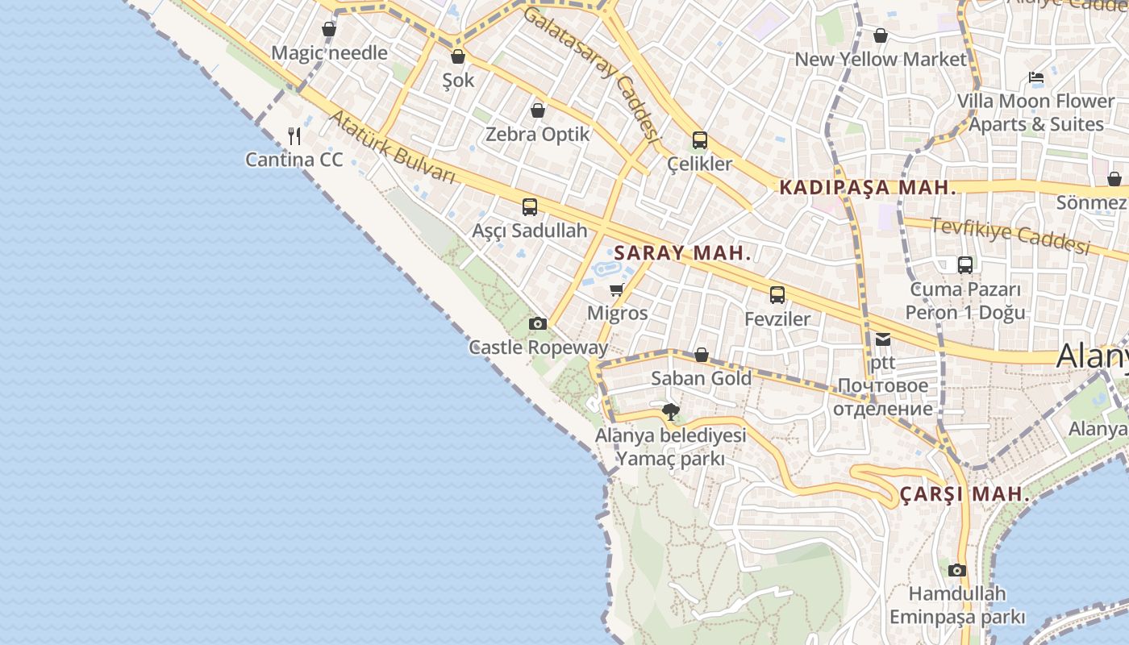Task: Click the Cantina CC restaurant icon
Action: coord(294,135)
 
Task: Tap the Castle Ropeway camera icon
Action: coord(538,323)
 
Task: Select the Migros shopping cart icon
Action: coord(617,289)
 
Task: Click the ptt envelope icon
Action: coord(883,339)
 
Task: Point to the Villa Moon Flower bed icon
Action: coord(1036,77)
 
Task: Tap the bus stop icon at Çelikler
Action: coord(699,139)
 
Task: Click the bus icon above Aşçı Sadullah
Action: coord(530,206)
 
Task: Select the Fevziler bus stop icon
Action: coord(777,294)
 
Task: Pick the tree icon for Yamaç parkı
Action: coord(670,412)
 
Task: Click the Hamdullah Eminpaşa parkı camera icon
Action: coord(957,570)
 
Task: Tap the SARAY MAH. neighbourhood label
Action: coord(682,252)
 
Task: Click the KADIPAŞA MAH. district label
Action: coord(868,188)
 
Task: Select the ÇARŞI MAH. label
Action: coord(964,493)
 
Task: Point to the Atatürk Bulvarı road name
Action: coord(392,146)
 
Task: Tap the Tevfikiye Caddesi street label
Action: coord(1010,235)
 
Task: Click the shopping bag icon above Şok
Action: coord(458,56)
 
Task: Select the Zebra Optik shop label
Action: coord(538,134)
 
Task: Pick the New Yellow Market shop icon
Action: coord(881,35)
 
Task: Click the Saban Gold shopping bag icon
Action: coord(702,355)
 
